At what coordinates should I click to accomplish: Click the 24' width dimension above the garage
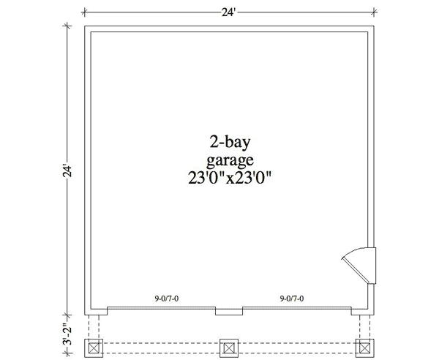[x=230, y=11]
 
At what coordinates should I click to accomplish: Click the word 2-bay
[x=229, y=141]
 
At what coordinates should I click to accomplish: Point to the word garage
[x=229, y=160]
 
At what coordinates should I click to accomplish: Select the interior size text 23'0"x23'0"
[x=229, y=178]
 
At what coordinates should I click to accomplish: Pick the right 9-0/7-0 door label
[x=292, y=299]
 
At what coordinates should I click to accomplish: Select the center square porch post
[x=229, y=345]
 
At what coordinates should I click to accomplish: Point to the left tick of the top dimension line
[x=85, y=11]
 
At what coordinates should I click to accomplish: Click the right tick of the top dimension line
[x=375, y=11]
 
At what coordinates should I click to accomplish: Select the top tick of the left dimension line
[x=68, y=26]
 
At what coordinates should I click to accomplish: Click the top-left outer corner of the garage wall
[x=85, y=26]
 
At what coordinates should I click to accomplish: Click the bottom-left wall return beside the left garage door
[x=97, y=310]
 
